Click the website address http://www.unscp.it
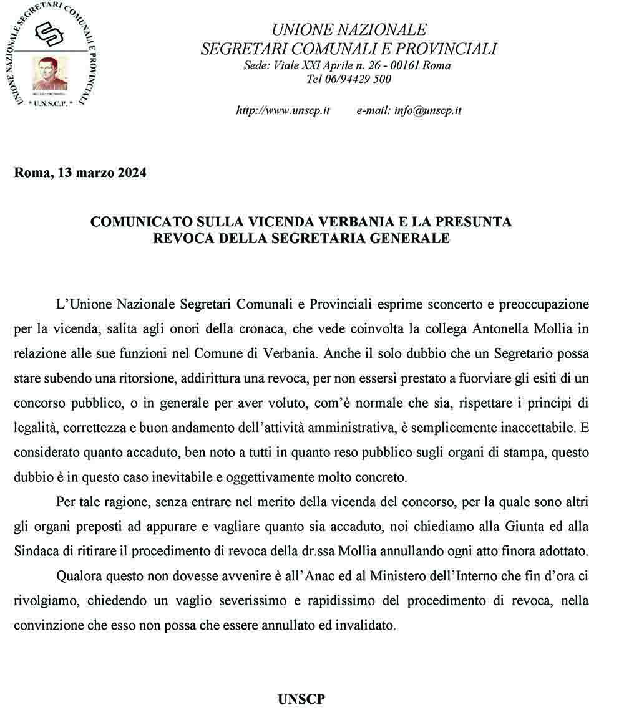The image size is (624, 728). pyautogui.click(x=283, y=111)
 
